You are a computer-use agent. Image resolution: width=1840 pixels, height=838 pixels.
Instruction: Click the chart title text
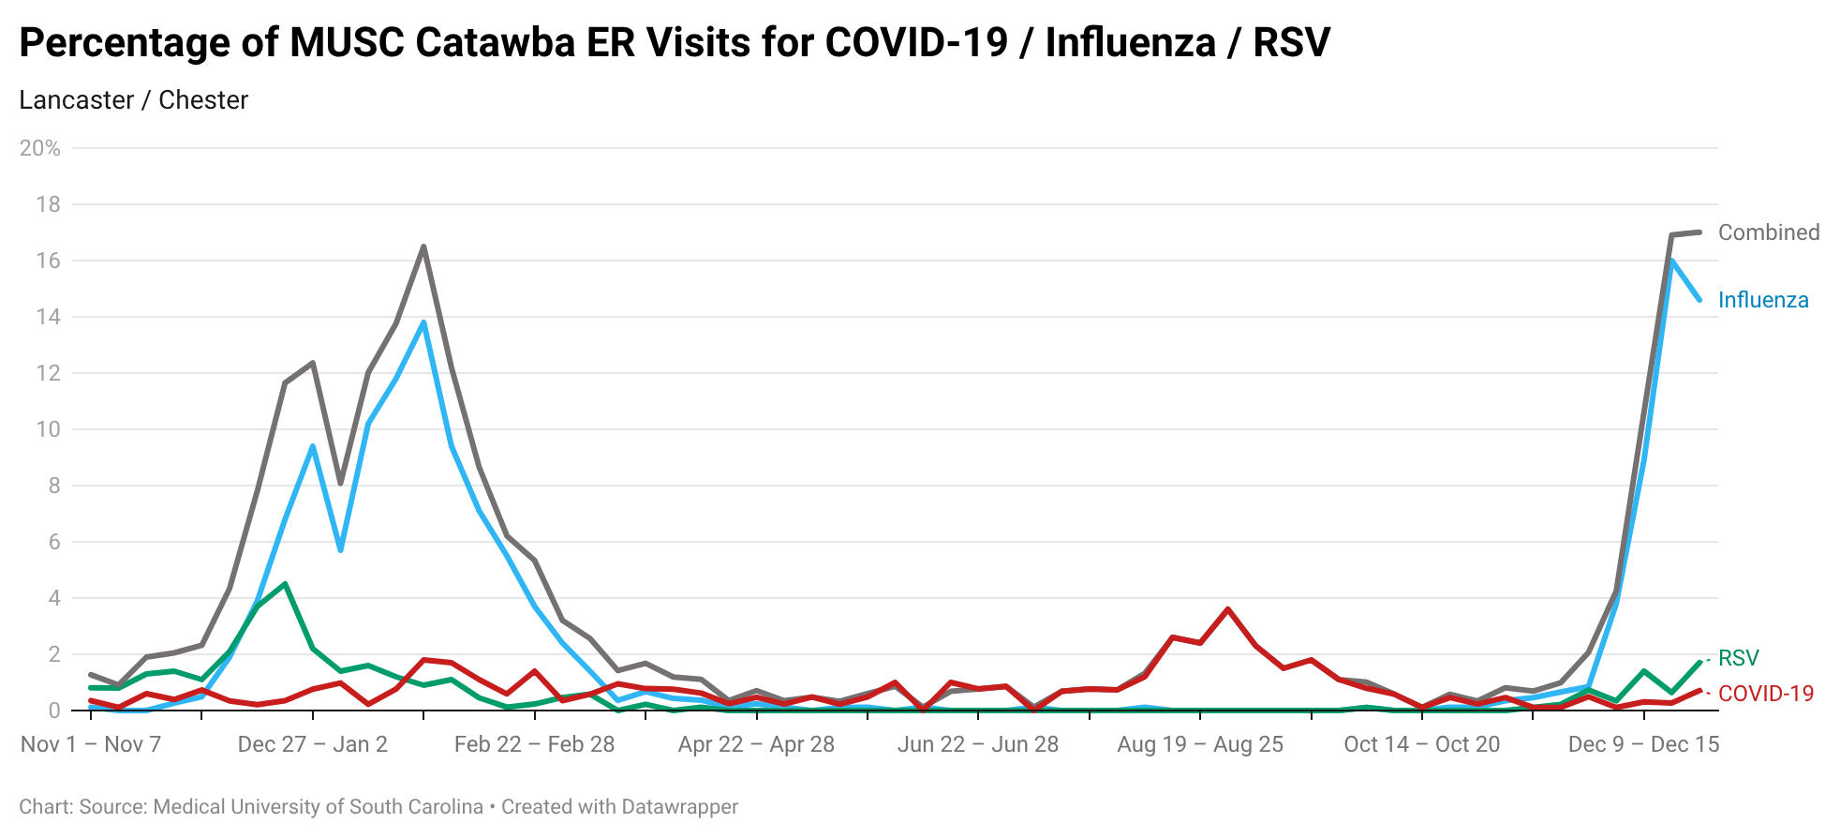coord(674,43)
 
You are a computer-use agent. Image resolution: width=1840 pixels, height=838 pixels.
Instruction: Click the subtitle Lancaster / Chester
coord(133,100)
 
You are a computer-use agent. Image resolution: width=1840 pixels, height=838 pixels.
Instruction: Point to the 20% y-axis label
coord(39,148)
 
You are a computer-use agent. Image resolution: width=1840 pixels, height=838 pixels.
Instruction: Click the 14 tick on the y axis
coord(48,317)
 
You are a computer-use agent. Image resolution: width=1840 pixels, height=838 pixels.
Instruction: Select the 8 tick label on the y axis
coord(53,486)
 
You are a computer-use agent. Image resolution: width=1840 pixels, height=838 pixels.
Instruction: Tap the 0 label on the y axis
coord(53,711)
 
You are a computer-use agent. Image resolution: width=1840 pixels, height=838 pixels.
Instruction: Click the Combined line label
coord(1768,232)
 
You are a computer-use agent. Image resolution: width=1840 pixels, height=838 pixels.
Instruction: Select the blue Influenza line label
coord(1762,300)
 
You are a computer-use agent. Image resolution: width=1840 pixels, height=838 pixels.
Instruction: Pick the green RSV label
coord(1738,658)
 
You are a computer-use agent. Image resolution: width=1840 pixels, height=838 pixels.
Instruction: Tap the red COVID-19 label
coord(1765,694)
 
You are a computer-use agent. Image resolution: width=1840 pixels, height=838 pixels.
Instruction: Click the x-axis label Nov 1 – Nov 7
coord(91,744)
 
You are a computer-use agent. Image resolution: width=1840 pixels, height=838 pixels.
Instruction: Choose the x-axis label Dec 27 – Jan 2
coord(312,744)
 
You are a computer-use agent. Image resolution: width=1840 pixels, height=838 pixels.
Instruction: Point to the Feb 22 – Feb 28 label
coord(534,744)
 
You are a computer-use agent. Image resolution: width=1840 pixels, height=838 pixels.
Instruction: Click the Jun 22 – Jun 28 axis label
coord(977,744)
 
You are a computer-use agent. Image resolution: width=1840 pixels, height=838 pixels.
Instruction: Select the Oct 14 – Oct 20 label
coord(1421,744)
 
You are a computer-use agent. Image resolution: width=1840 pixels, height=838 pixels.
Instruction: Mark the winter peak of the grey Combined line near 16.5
coord(423,247)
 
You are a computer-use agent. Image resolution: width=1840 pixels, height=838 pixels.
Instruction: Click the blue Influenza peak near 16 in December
coord(1672,261)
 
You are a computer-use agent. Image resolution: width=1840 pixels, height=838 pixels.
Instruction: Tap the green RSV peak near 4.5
coord(285,584)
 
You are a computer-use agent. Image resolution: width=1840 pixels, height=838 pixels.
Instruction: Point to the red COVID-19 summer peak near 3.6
coord(1227,609)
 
